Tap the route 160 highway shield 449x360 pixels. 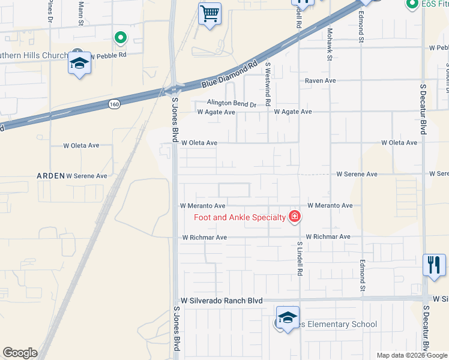(x=114, y=104)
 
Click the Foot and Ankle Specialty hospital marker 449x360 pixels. (x=294, y=217)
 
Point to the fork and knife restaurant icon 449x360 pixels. (x=434, y=264)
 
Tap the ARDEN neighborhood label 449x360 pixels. (x=50, y=176)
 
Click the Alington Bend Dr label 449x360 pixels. (x=232, y=104)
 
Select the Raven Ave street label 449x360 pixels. (x=320, y=80)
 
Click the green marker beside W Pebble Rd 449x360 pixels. (x=121, y=38)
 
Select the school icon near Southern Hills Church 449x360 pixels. (x=79, y=63)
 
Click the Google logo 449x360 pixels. (x=20, y=353)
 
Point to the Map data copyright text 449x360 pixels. (x=412, y=355)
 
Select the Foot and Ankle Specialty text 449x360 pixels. (x=239, y=217)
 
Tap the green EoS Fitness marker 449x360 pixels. (x=412, y=5)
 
